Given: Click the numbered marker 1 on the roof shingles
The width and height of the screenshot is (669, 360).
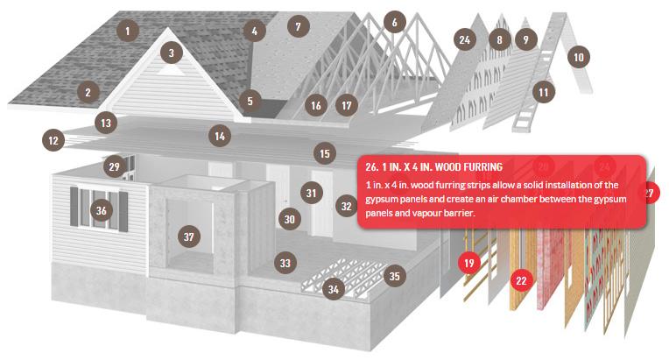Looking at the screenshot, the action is pyautogui.click(x=127, y=31).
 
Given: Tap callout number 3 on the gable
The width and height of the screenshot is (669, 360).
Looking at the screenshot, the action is pyautogui.click(x=172, y=53).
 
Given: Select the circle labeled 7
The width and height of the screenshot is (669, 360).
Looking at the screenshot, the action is pyautogui.click(x=299, y=26).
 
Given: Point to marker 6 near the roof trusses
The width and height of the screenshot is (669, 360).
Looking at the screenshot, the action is pyautogui.click(x=395, y=22).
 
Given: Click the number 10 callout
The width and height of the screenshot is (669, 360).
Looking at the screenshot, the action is pyautogui.click(x=579, y=57).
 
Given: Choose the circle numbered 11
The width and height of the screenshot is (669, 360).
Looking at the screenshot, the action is pyautogui.click(x=543, y=92).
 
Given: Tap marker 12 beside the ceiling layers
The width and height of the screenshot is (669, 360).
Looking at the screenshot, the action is pyautogui.click(x=53, y=140).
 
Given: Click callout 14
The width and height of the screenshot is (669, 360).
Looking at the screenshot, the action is pyautogui.click(x=220, y=136).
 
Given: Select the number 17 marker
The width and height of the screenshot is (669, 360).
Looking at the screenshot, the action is pyautogui.click(x=347, y=105).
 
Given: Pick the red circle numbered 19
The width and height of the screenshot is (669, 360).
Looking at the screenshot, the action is pyautogui.click(x=469, y=263).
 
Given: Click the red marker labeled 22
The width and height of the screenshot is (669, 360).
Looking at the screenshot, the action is pyautogui.click(x=521, y=280).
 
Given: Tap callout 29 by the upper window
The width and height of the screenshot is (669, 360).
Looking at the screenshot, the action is pyautogui.click(x=115, y=166).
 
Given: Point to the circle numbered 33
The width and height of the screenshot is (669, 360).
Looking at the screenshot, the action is pyautogui.click(x=285, y=263).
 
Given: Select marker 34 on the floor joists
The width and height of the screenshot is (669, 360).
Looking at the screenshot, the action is pyautogui.click(x=334, y=290).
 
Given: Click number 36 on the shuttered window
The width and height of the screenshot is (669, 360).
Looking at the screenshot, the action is pyautogui.click(x=101, y=210).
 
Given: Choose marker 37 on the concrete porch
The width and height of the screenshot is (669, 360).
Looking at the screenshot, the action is pyautogui.click(x=188, y=236).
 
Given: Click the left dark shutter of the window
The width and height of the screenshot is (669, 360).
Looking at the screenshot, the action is pyautogui.click(x=74, y=207).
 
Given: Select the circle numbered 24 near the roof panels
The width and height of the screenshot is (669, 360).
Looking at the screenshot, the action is pyautogui.click(x=465, y=39).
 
